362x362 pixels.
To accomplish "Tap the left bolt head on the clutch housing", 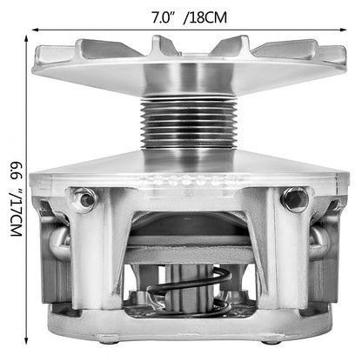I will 84,199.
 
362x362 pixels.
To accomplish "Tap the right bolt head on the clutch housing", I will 293,200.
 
